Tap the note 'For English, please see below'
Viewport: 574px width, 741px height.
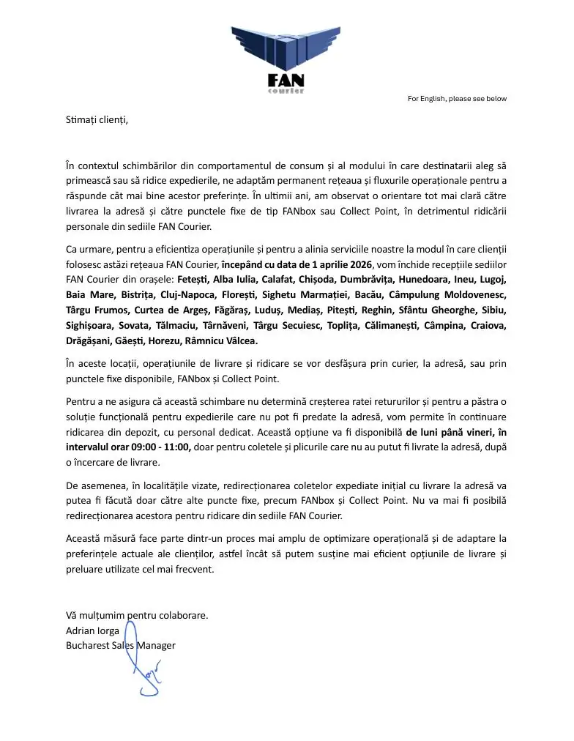(x=457, y=99)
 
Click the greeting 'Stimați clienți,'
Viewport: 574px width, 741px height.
(x=97, y=119)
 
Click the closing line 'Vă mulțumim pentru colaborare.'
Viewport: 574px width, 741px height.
(x=137, y=615)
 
